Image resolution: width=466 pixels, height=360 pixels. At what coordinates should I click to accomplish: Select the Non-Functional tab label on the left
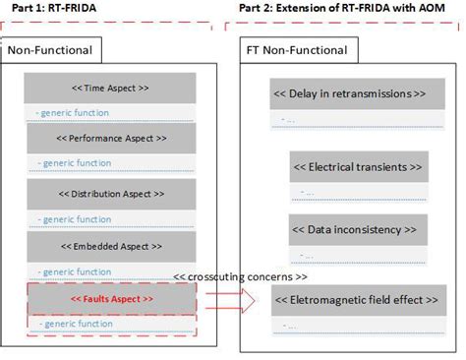pos(50,50)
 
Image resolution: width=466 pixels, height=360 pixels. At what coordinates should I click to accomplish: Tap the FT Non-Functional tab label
pos(294,50)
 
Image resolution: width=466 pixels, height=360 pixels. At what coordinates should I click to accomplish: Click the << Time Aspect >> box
pos(110,88)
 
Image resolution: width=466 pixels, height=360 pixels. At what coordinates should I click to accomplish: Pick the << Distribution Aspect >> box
pos(110,193)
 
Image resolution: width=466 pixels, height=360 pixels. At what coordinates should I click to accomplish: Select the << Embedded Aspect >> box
pos(110,246)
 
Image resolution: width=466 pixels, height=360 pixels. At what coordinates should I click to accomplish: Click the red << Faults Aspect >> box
pos(110,298)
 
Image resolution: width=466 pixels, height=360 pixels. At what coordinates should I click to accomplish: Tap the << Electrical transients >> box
pos(358,167)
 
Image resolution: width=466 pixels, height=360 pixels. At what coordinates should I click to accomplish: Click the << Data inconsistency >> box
pos(358,229)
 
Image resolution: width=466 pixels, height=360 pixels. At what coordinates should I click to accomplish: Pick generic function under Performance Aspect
pos(75,163)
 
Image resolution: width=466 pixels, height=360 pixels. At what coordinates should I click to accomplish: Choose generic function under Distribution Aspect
pos(75,219)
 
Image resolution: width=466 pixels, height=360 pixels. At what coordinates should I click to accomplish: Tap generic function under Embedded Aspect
pos(75,271)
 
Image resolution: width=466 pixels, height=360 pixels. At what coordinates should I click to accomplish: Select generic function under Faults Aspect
pos(75,324)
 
